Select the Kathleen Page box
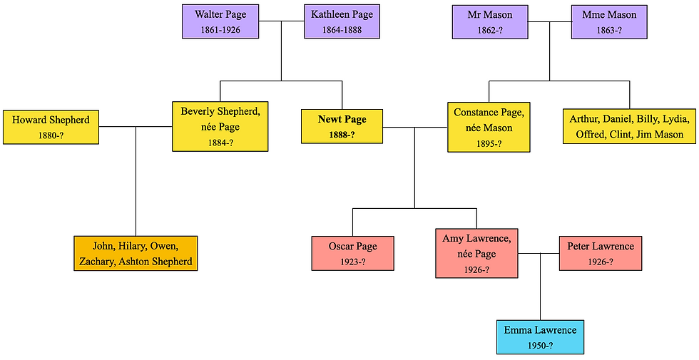point(342,21)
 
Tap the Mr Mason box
point(490,21)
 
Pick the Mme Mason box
point(609,21)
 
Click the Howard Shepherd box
point(51,127)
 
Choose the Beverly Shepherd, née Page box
point(220,126)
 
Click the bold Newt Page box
point(342,127)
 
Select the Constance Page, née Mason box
point(489,126)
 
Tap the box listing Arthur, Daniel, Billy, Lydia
point(629,127)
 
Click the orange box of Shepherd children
point(136,253)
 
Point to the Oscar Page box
point(353,253)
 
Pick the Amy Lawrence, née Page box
point(477,253)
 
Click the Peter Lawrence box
point(601,253)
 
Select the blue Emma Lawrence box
point(540,336)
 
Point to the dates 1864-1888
point(342,30)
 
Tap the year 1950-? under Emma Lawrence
point(540,346)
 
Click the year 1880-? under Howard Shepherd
point(51,135)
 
